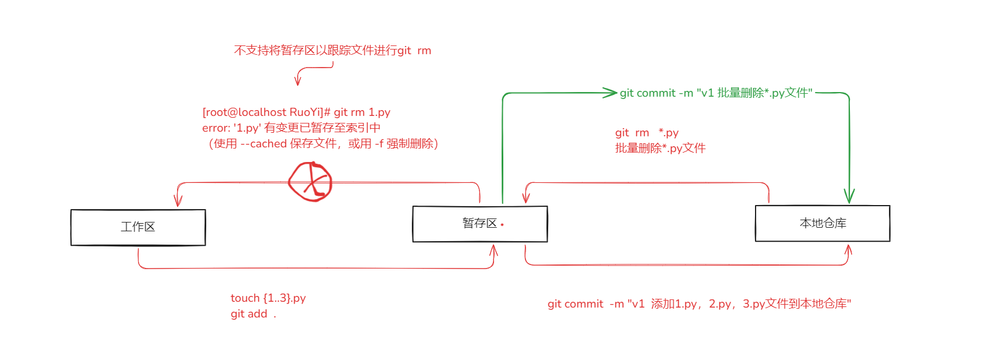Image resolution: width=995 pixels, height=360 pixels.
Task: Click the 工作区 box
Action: (138, 227)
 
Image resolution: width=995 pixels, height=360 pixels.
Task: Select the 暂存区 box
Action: (479, 224)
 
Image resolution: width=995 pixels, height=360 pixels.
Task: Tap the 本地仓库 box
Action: (823, 223)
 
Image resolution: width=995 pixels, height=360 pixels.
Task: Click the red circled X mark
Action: (311, 182)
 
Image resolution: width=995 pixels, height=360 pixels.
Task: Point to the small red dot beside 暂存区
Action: (502, 224)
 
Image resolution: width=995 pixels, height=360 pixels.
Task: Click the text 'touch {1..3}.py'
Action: (268, 298)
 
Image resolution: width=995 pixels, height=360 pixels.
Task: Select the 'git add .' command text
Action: (253, 314)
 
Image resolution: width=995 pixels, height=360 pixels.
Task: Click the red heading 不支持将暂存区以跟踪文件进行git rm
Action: (332, 51)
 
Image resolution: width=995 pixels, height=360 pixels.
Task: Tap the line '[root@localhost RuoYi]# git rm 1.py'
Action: (296, 112)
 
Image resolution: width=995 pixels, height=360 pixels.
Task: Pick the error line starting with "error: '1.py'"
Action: (291, 128)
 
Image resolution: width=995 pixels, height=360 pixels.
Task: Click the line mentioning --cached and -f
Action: (323, 143)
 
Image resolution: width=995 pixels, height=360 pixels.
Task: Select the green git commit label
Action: (716, 93)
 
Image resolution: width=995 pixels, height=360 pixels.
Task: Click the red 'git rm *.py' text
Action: (647, 133)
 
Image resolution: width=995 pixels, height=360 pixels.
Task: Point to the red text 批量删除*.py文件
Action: (660, 148)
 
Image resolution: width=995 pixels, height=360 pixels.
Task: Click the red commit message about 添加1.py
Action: (699, 304)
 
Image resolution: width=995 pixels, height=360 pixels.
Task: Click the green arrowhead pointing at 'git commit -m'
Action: (610, 92)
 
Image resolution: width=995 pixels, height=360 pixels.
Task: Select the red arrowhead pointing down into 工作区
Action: (178, 200)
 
